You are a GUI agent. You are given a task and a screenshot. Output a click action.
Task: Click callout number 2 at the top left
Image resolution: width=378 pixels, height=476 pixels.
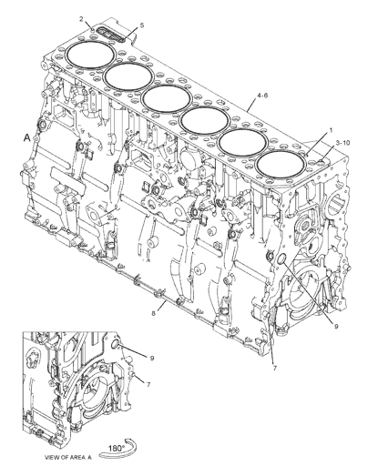81,19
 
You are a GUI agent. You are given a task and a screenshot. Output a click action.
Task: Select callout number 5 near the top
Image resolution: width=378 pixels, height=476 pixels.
142,25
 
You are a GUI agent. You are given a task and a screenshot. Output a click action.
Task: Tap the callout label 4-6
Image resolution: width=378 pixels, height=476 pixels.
262,96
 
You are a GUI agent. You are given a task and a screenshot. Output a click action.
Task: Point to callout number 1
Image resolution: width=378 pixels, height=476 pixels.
331,130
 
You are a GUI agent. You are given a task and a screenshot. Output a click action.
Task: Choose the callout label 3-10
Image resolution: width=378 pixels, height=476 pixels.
342,142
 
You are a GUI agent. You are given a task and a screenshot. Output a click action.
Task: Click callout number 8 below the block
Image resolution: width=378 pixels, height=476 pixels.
154,314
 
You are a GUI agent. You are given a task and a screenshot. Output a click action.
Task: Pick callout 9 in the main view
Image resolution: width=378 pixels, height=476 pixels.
336,327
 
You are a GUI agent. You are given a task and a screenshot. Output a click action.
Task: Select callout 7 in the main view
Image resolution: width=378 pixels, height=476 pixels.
275,369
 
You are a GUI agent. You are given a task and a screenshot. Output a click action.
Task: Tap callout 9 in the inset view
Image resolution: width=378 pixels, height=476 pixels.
152,359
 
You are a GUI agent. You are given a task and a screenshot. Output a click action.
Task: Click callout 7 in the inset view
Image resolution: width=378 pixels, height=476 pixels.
148,385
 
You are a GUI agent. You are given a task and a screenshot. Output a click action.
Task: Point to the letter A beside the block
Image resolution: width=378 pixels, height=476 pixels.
27,138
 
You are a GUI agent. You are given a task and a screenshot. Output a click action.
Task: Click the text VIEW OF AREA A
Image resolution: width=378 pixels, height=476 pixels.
68,458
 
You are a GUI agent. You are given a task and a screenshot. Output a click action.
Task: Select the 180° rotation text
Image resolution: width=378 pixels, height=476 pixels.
117,448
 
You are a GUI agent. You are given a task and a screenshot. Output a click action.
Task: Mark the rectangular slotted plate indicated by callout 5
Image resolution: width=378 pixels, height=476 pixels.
111,35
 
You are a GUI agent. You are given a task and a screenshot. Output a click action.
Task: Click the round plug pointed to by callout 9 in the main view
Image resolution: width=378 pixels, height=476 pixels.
281,258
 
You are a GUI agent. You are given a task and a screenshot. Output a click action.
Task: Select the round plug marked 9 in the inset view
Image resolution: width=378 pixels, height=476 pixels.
116,344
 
